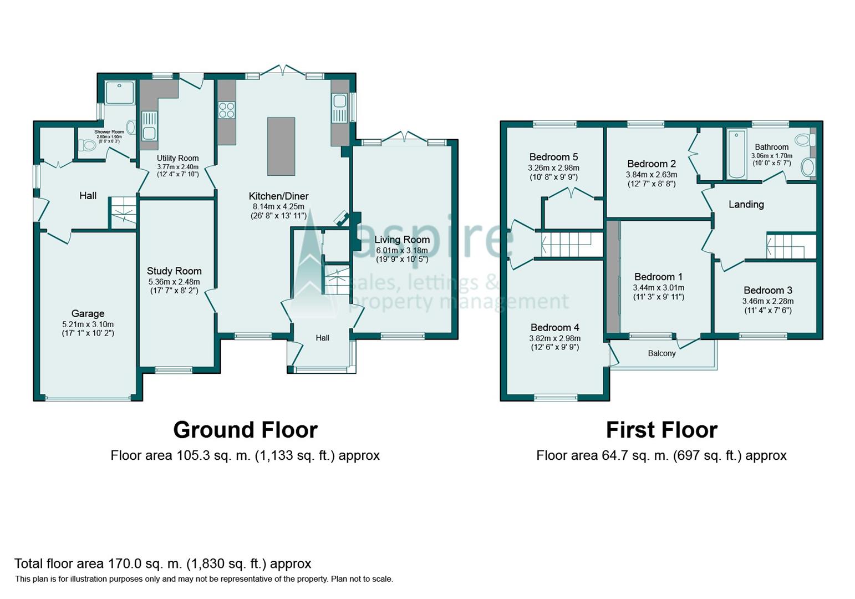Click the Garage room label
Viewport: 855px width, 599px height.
[x=88, y=313]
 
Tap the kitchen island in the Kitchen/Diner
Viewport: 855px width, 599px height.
[x=281, y=146]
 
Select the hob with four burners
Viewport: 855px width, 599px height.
[x=226, y=110]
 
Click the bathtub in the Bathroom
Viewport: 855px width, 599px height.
[x=737, y=154]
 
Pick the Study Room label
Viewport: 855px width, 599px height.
[x=174, y=271]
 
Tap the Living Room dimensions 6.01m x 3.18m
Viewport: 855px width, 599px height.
[x=402, y=251]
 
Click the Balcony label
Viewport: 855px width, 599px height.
[x=662, y=353]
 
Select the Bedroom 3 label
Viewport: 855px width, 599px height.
[x=768, y=290]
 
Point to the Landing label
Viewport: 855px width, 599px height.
[x=746, y=204]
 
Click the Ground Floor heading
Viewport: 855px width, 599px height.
[x=246, y=430]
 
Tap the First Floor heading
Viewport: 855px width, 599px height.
[x=661, y=430]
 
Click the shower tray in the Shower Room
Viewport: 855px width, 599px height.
[x=120, y=93]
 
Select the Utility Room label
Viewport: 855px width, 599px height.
[x=178, y=158]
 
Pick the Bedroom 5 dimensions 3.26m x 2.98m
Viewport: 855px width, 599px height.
[x=553, y=167]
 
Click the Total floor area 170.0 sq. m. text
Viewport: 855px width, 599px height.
[x=162, y=564]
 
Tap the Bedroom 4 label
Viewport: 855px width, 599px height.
[x=555, y=328]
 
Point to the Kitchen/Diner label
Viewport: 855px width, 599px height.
[x=279, y=196]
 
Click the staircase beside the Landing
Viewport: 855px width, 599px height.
[x=791, y=246]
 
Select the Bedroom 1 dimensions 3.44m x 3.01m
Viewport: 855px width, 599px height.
[x=658, y=287]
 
